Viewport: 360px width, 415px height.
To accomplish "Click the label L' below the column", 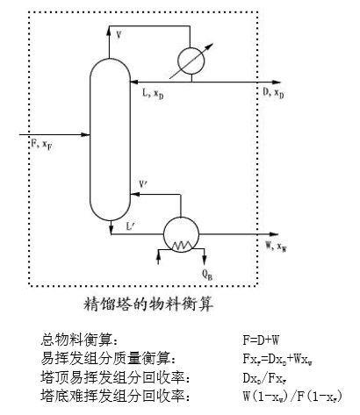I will [x=130, y=227].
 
